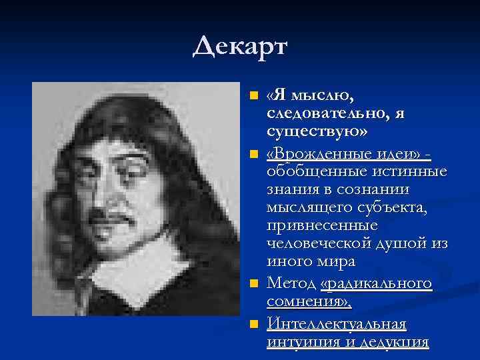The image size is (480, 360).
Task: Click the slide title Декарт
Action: (x=239, y=47)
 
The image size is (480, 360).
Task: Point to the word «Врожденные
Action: (x=307, y=155)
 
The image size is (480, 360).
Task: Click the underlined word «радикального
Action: (x=376, y=285)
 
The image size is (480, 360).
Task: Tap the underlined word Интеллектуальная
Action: (x=336, y=325)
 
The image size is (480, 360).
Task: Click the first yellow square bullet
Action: (x=253, y=97)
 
